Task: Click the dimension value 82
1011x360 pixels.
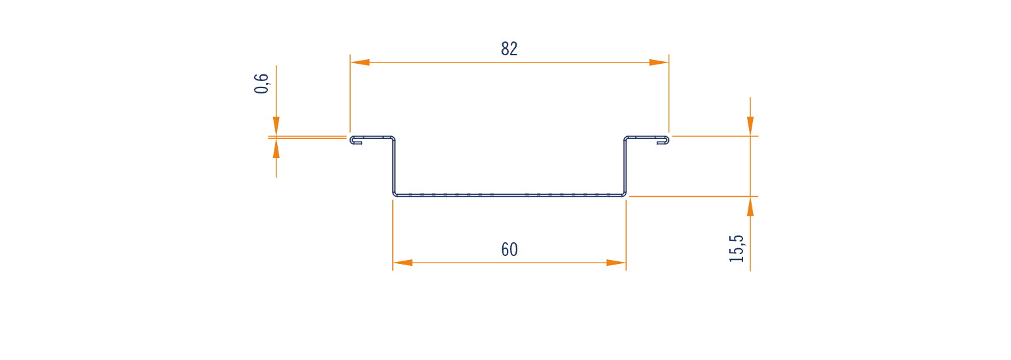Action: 509,49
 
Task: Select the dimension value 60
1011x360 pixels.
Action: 509,249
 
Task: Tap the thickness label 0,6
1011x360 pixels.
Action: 262,84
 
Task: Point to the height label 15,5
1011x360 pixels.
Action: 737,249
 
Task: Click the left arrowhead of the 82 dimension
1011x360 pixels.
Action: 360,63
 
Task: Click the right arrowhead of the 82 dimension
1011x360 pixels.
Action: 659,63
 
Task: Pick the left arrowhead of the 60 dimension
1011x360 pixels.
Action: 403,263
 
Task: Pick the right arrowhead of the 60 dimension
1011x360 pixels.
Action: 616,263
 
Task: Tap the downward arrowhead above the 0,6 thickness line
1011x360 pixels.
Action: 276,126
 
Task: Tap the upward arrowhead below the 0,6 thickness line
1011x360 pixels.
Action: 276,148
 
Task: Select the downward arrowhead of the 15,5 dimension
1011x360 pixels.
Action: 750,126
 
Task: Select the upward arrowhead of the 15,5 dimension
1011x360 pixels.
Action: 750,207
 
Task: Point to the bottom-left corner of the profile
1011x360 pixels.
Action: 394,195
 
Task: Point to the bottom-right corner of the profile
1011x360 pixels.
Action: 625,195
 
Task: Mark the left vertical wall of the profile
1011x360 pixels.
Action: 394,166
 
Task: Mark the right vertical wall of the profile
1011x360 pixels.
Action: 625,166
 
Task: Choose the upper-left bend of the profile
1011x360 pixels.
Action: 393,138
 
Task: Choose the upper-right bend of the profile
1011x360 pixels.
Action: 626,138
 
